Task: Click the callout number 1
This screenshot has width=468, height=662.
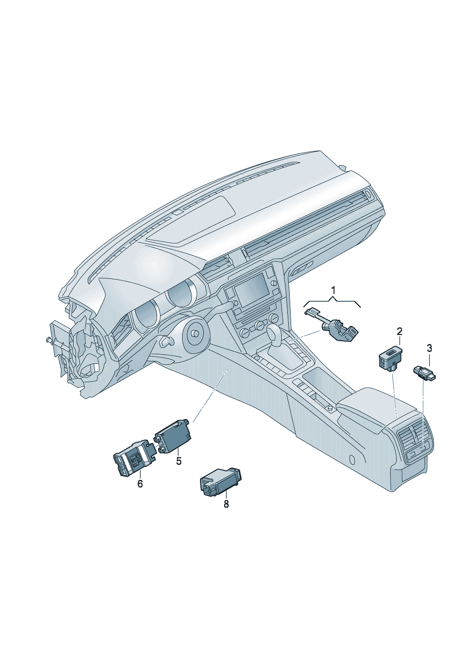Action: click(x=333, y=291)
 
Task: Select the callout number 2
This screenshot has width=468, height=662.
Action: click(x=399, y=332)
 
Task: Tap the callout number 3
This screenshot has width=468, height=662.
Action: click(x=429, y=348)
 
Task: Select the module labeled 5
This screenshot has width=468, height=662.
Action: click(x=173, y=436)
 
